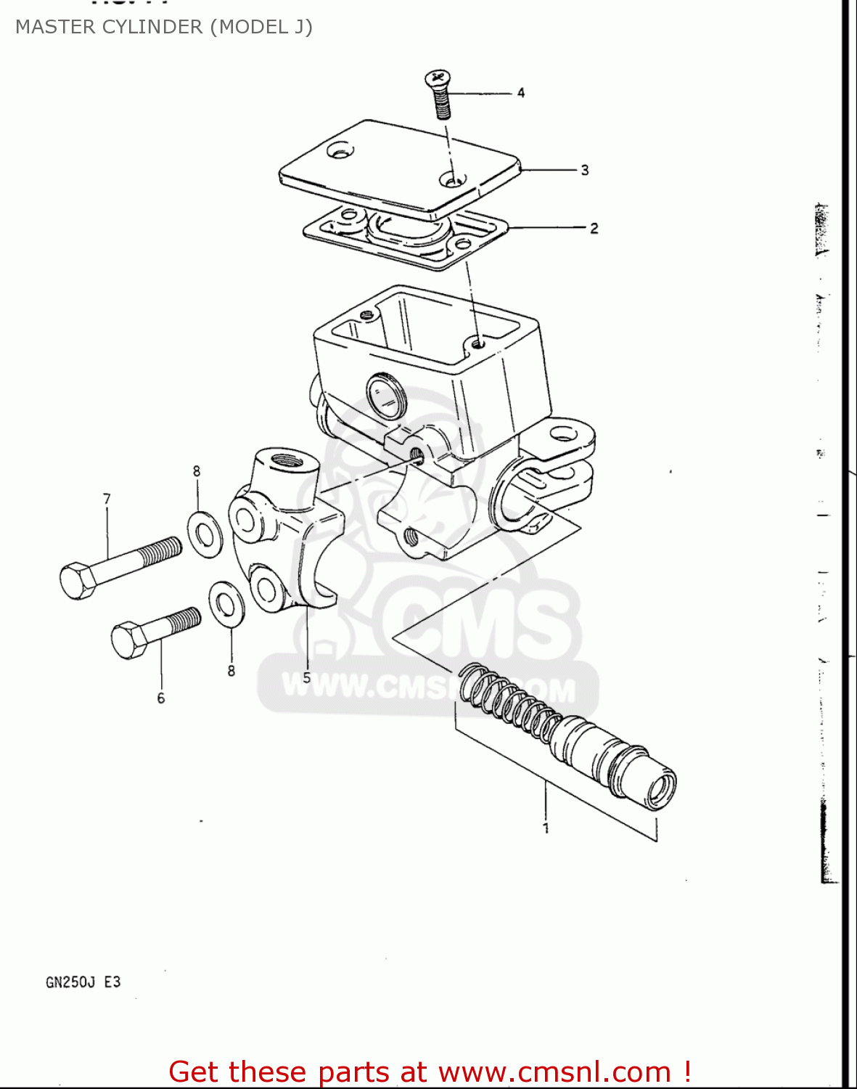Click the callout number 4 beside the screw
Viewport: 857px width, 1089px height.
[521, 93]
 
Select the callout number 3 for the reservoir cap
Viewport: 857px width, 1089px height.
[584, 170]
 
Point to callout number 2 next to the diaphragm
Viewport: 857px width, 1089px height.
[594, 228]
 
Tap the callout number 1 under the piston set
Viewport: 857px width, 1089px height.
[546, 828]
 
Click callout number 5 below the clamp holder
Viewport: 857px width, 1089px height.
[307, 677]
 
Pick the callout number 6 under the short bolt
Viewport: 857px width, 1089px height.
[160, 698]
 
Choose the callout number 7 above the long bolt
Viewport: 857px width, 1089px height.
[107, 499]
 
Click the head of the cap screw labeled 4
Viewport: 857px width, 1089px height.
[437, 77]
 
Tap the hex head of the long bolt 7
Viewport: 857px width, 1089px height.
[77, 580]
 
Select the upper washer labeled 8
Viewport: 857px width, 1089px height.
[205, 534]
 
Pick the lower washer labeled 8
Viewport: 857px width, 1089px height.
[226, 603]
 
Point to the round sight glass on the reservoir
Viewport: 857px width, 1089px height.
[386, 396]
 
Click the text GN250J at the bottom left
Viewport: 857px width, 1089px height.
[70, 982]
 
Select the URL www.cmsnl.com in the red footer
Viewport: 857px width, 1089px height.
[555, 1072]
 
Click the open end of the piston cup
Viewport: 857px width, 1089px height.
[660, 787]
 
